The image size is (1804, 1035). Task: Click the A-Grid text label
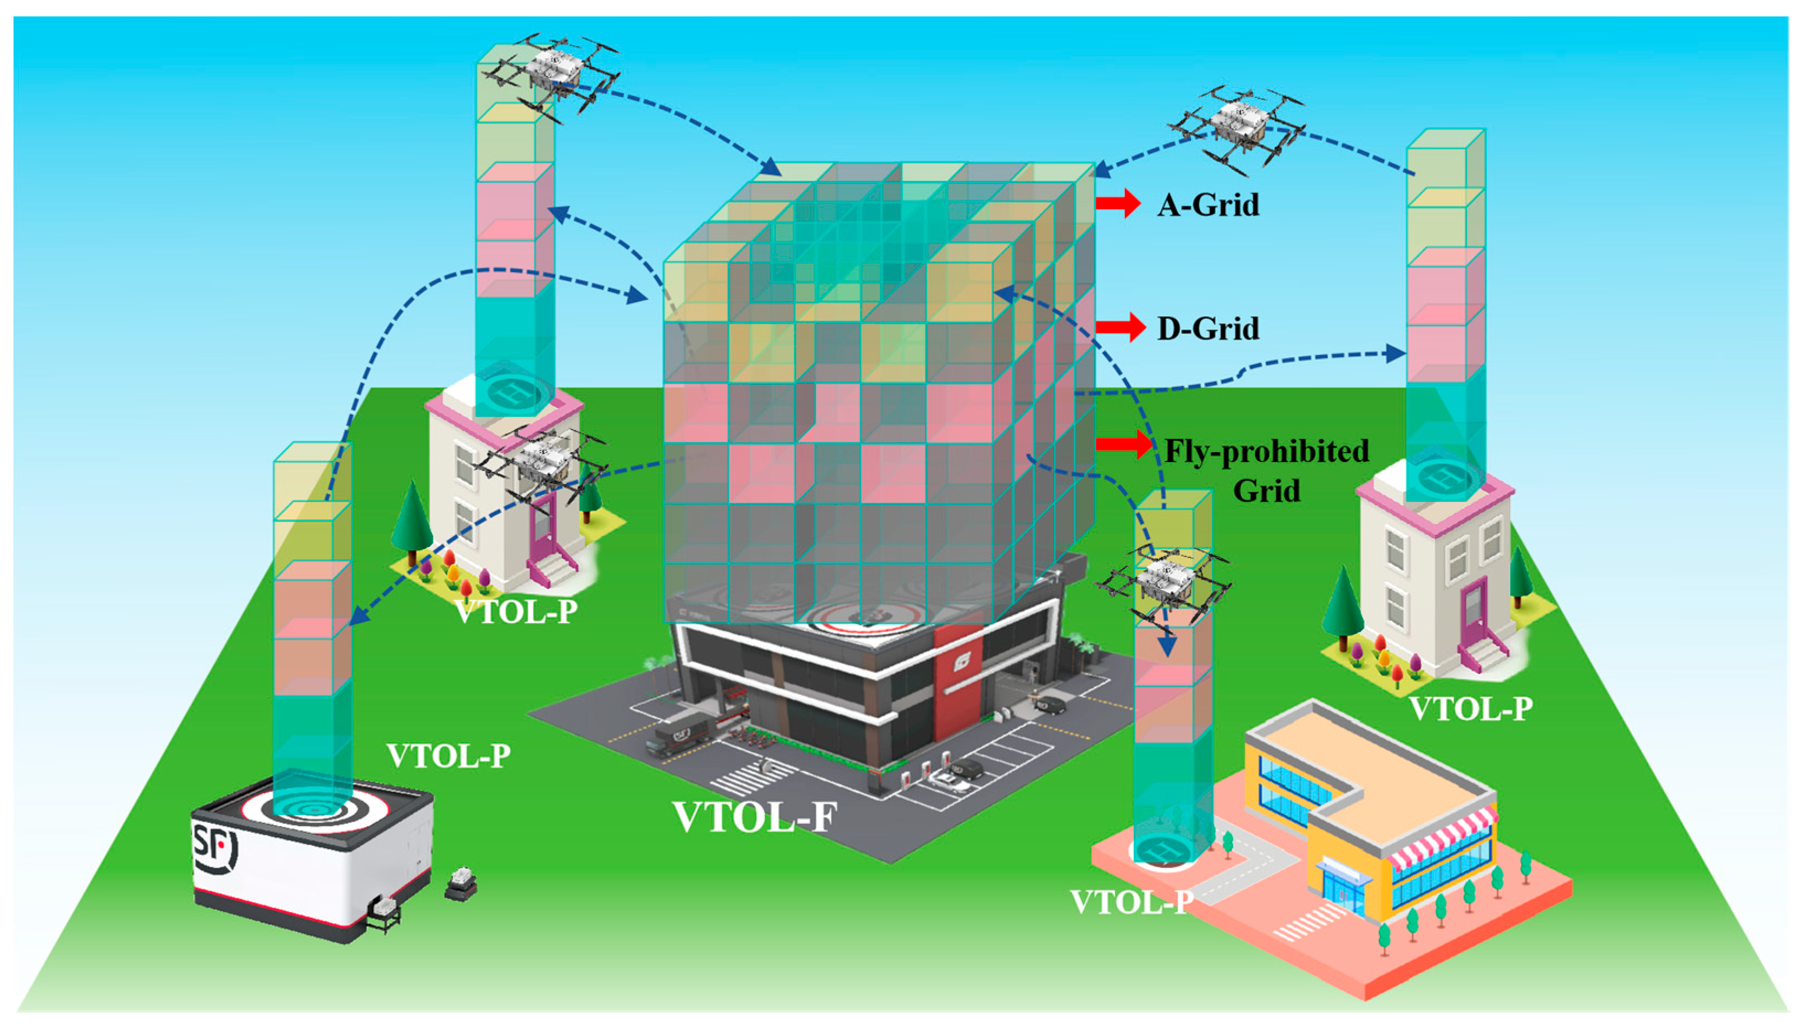(x=1208, y=205)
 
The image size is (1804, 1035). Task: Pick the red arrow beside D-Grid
(x=1120, y=327)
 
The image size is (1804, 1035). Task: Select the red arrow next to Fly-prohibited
(x=1123, y=445)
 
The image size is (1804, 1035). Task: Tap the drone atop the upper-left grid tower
(x=551, y=71)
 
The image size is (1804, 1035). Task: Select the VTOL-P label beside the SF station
(x=448, y=755)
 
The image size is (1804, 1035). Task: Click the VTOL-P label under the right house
(x=1470, y=709)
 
